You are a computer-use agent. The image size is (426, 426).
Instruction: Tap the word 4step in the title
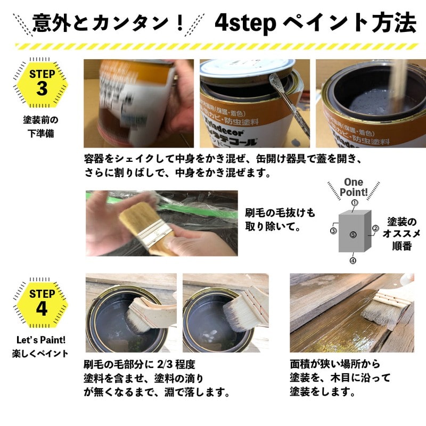pyautogui.click(x=245, y=22)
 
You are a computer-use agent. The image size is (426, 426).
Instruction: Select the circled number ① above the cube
pyautogui.click(x=354, y=202)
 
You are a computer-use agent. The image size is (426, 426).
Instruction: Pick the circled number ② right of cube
pyautogui.click(x=375, y=228)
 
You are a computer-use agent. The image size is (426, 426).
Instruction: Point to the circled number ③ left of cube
pyautogui.click(x=333, y=231)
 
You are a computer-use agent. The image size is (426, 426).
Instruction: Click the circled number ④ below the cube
pyautogui.click(x=353, y=261)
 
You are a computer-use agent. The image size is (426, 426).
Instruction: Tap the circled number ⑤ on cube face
pyautogui.click(x=353, y=234)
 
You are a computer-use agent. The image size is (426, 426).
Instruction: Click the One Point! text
pyautogui.click(x=353, y=187)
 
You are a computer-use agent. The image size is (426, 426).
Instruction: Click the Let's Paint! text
pyautogui.click(x=40, y=339)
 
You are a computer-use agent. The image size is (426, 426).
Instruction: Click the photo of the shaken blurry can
pyautogui.click(x=138, y=103)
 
